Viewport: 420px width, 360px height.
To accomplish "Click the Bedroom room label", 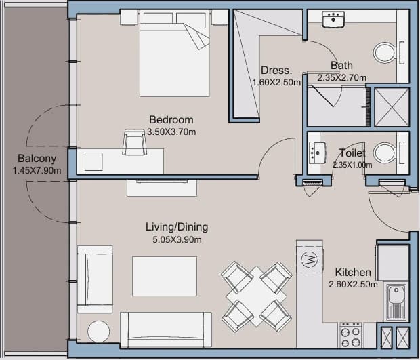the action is [x=171, y=119].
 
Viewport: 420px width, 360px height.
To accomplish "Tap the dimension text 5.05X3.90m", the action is [x=177, y=239].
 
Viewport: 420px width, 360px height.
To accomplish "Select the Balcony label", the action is [x=37, y=159].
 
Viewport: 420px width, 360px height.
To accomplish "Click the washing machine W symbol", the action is [x=310, y=259].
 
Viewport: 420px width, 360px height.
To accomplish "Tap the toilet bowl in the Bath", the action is [x=385, y=52].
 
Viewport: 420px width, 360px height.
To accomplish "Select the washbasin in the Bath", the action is [x=333, y=19].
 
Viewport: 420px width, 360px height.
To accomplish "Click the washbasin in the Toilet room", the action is [x=317, y=153].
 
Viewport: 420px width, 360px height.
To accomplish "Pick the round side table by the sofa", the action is [x=99, y=332].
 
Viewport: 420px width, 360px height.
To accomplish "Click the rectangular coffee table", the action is [x=165, y=276].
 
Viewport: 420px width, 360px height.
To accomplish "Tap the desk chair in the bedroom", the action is [x=134, y=142].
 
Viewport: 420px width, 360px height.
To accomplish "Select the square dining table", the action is [x=256, y=296].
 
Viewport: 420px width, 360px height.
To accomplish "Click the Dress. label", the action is [x=276, y=71].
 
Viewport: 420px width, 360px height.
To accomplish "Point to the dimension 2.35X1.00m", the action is [x=352, y=165].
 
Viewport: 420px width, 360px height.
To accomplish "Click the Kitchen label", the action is [x=353, y=273].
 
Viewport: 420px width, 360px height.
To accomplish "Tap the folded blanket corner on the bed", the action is [x=196, y=36].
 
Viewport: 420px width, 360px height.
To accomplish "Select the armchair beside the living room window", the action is [x=95, y=279].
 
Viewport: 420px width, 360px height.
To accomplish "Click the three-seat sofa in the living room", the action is [x=166, y=329].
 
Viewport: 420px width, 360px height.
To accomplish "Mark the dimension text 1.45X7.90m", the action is [x=37, y=170].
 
